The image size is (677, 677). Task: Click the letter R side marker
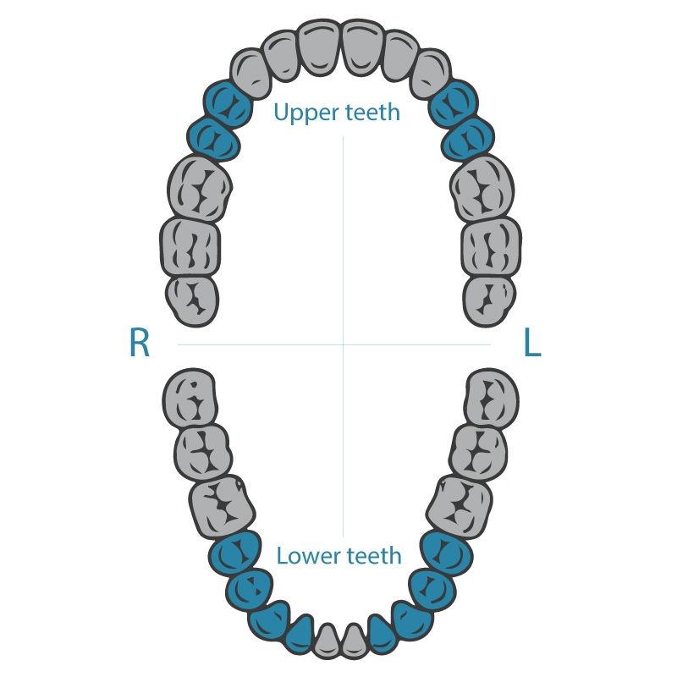[139, 342]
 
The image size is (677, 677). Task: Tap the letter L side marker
[532, 342]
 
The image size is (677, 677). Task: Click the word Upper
[306, 113]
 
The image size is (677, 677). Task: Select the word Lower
[308, 555]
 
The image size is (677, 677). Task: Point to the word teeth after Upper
[372, 112]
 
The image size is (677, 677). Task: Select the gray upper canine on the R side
[251, 74]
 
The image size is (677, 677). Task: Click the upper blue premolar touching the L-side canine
[454, 103]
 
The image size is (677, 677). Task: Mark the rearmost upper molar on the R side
[193, 301]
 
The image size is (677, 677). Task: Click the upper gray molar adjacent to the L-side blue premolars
[482, 188]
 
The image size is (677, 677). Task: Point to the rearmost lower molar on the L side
[493, 397]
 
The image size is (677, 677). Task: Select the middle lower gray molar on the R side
[203, 452]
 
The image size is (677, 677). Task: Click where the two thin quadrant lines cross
[344, 344]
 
